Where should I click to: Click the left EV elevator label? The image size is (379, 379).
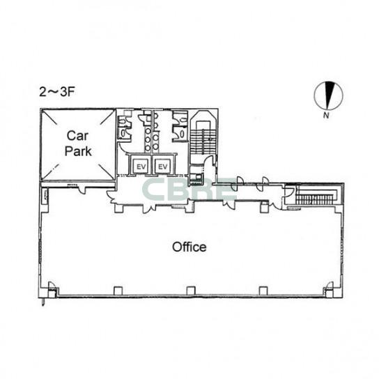click(141, 167)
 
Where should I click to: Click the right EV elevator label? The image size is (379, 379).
click(162, 167)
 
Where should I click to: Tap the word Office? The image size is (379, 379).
click(189, 247)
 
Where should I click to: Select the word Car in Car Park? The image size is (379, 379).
click(77, 136)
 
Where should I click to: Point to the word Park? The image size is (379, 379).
click(78, 151)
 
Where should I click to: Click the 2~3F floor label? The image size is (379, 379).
click(56, 92)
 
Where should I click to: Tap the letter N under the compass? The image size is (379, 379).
click(326, 115)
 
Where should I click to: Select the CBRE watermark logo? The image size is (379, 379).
click(189, 189)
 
